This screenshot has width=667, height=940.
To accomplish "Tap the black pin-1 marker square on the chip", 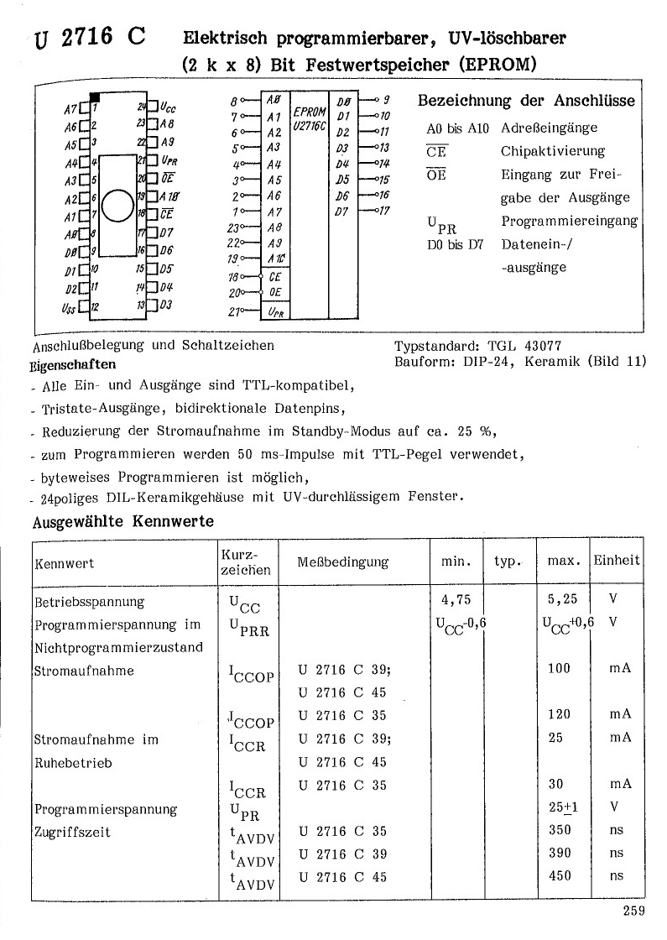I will (95, 99).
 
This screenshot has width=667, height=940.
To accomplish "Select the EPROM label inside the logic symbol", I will (309, 112).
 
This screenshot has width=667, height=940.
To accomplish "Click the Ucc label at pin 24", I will (168, 107).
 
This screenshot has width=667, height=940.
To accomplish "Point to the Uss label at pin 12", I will (67, 308).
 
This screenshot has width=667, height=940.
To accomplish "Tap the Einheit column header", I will (617, 560).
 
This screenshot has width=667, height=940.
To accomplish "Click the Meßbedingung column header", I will (343, 561).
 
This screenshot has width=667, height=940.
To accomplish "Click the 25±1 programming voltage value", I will (560, 807).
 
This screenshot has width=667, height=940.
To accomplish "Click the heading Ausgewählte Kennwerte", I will (122, 521).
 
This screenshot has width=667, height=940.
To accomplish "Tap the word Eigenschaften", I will (74, 365).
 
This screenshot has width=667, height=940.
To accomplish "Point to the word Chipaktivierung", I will (553, 151).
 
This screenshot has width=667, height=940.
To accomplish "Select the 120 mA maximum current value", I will (558, 714).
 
